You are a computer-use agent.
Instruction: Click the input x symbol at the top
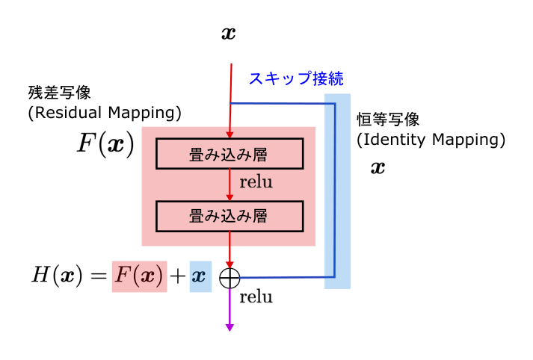coord(229,34)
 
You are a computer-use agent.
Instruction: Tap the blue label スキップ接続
coord(296,78)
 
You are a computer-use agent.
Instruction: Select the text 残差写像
coord(60,93)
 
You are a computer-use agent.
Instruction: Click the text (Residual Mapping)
coord(105,113)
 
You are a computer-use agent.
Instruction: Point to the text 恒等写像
coord(388,120)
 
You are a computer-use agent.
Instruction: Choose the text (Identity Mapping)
coord(431,140)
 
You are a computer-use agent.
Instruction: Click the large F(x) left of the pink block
coord(105,143)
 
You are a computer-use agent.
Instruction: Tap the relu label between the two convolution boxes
coord(256,182)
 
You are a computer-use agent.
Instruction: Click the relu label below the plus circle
coord(256,297)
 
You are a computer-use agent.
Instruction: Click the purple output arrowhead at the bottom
coord(229,327)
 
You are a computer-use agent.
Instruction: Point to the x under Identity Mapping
coord(378,167)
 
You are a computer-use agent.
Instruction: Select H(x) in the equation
coord(57,275)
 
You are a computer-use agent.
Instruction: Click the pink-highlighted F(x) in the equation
coord(139,276)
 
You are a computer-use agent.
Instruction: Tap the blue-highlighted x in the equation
coord(200,276)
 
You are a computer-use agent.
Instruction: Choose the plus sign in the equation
coord(178,276)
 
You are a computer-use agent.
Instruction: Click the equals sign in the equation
coord(99,276)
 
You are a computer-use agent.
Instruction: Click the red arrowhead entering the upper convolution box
coord(229,135)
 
